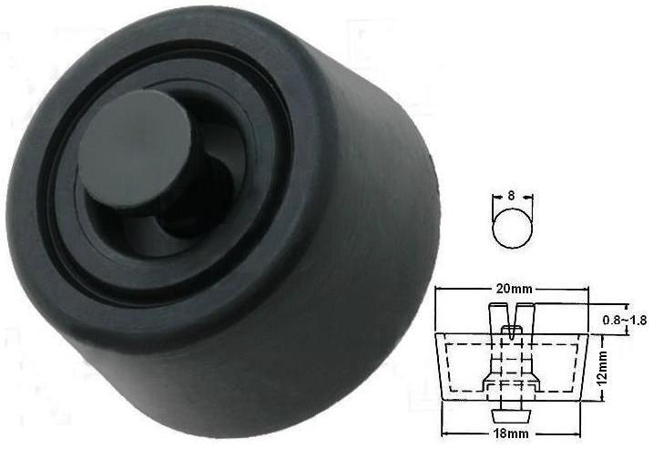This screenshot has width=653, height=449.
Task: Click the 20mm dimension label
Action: point(514,290)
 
